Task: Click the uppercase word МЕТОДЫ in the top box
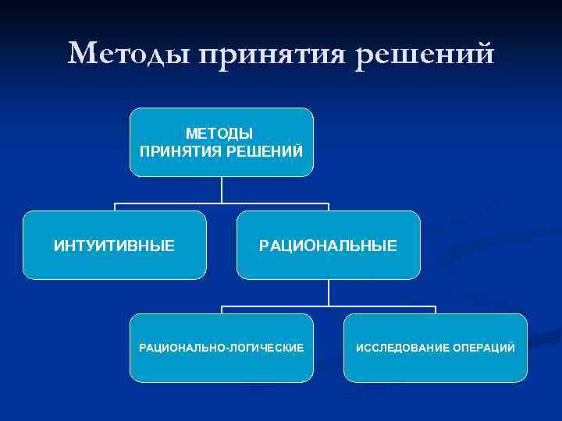click(221, 133)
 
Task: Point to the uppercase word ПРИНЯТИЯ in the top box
click(180, 150)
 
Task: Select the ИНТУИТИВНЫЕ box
click(114, 246)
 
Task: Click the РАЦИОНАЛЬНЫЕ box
click(328, 246)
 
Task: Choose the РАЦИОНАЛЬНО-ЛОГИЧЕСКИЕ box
click(221, 347)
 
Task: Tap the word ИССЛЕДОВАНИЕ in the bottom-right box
click(400, 347)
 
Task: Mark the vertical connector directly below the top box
click(222, 189)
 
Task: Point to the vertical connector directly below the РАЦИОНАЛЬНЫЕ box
click(329, 292)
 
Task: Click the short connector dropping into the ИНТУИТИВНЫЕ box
click(115, 207)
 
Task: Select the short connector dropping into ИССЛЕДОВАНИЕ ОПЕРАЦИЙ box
click(436, 310)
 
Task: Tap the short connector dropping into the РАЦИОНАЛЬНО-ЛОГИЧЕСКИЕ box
click(222, 310)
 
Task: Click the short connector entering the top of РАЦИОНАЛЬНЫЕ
click(329, 207)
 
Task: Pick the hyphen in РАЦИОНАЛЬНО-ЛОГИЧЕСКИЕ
click(225, 347)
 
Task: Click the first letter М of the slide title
click(82, 54)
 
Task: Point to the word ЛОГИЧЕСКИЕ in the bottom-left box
click(265, 347)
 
